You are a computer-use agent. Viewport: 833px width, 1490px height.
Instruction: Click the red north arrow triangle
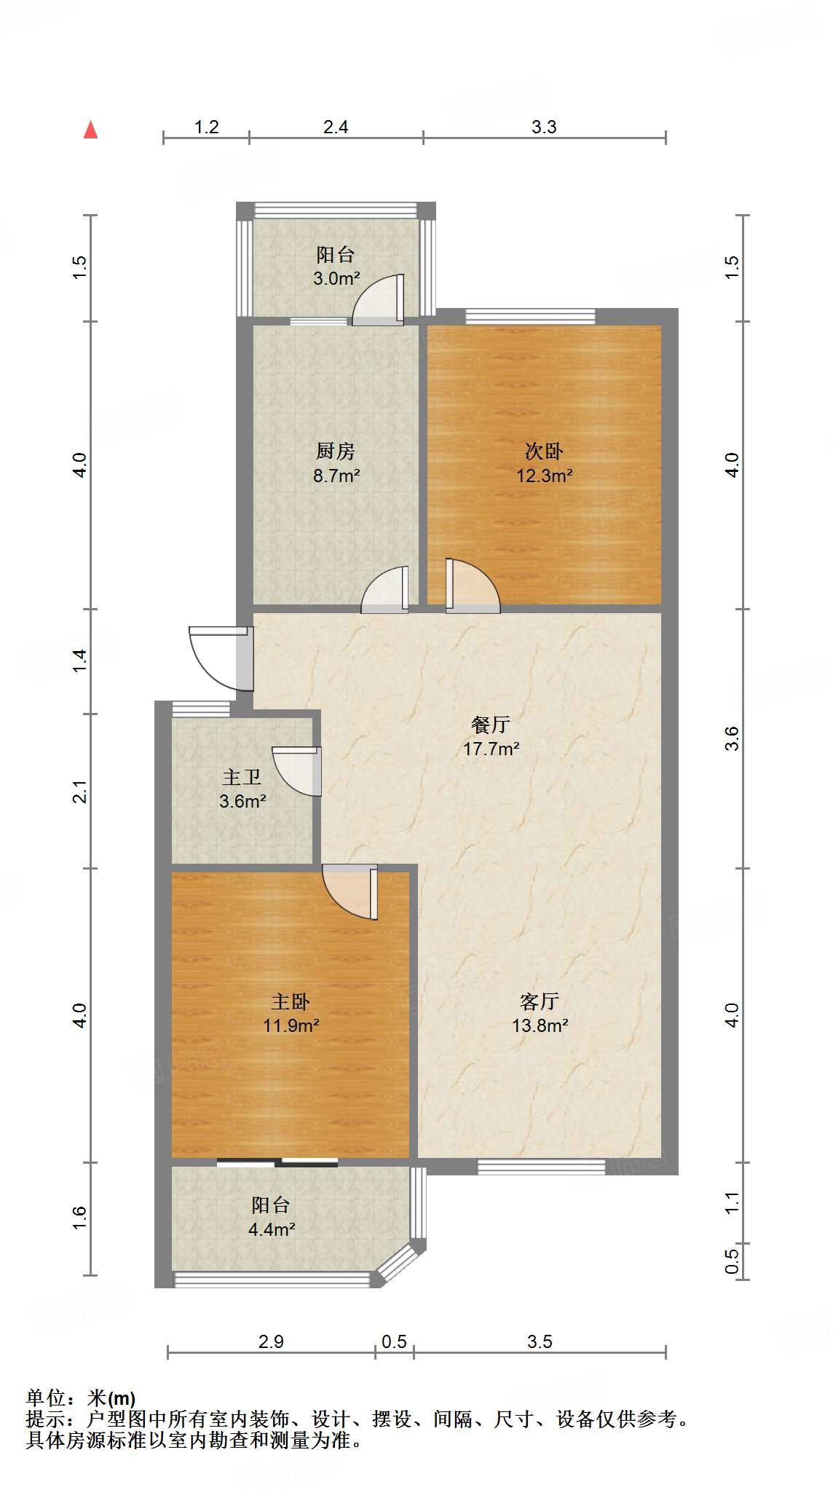point(90,130)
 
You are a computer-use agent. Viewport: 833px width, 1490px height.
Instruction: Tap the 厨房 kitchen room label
point(335,452)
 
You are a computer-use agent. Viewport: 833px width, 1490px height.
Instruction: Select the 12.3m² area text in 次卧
point(544,476)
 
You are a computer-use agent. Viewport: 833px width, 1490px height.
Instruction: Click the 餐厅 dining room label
point(490,725)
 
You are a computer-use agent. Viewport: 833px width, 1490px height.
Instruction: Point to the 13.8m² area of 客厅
point(540,1025)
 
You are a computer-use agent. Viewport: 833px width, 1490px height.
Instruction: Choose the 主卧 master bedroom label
point(291,1002)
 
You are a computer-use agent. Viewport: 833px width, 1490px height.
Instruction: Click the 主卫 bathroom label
point(242,777)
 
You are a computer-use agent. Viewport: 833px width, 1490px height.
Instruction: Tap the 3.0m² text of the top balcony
point(336,278)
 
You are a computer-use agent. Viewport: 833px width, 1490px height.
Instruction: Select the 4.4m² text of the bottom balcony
point(271,1229)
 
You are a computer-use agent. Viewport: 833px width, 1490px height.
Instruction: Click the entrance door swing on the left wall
point(218,658)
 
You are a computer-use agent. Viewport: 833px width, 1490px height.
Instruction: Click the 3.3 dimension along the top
point(543,127)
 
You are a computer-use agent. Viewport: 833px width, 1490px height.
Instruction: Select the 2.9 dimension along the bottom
point(271,1341)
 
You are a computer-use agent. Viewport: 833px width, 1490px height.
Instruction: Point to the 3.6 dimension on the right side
point(733,738)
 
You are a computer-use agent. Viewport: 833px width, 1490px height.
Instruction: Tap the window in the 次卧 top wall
point(530,317)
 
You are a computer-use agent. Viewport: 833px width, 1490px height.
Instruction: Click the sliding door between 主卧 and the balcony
point(277,1162)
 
